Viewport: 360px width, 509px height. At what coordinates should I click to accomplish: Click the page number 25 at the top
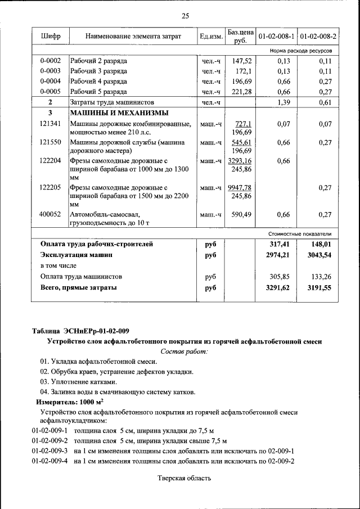(185, 15)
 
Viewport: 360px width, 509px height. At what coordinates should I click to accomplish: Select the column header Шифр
(51, 37)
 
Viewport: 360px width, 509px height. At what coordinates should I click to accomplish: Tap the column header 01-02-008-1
(276, 37)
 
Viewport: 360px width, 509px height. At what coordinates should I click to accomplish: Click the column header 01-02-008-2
(318, 37)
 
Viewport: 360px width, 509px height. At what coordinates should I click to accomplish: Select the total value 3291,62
(277, 287)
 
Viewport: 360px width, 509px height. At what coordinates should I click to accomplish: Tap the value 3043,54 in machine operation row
(319, 255)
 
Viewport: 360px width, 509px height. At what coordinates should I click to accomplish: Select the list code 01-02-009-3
(49, 451)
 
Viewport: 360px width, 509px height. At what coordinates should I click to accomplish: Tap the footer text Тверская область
(184, 478)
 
